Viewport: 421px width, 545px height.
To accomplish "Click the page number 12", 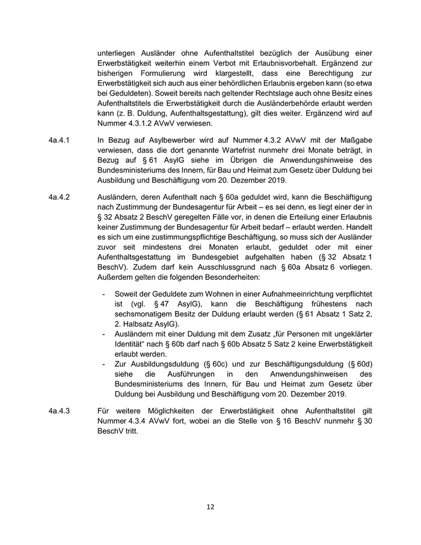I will tap(210, 507).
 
